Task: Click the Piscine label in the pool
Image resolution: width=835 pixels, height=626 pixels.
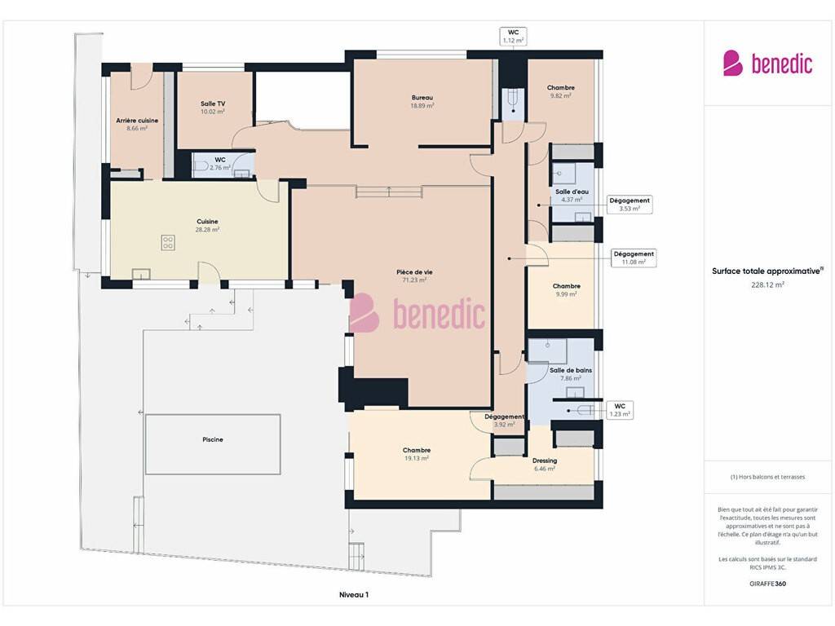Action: [213, 439]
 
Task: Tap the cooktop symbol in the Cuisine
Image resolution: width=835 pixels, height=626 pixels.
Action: [168, 243]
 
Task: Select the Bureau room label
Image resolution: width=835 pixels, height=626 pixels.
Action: [422, 98]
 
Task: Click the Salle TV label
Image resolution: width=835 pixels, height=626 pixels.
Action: [213, 104]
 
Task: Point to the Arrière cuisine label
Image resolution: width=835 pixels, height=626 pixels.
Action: [137, 121]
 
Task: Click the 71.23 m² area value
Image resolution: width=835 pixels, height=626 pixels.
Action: [414, 280]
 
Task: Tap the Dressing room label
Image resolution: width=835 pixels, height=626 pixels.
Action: [545, 461]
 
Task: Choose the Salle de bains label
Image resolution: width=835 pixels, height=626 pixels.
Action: [570, 370]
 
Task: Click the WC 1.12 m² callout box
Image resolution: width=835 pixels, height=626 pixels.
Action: [514, 36]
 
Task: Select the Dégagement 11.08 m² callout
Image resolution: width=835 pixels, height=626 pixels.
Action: [633, 258]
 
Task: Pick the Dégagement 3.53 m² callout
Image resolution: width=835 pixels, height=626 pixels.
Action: [630, 205]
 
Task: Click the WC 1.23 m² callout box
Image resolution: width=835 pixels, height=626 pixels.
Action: [620, 410]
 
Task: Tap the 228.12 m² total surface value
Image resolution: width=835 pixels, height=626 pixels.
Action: [767, 284]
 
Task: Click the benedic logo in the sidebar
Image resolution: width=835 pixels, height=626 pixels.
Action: [767, 63]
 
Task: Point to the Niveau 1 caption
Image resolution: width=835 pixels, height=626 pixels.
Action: [354, 594]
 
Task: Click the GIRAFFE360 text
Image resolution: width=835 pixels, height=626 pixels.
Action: [767, 584]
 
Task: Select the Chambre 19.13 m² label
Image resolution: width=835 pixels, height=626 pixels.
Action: [417, 454]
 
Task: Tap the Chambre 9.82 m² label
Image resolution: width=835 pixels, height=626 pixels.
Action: [561, 91]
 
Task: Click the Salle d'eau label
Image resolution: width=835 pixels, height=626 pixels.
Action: [572, 192]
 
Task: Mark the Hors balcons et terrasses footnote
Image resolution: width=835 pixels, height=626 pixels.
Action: [767, 477]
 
